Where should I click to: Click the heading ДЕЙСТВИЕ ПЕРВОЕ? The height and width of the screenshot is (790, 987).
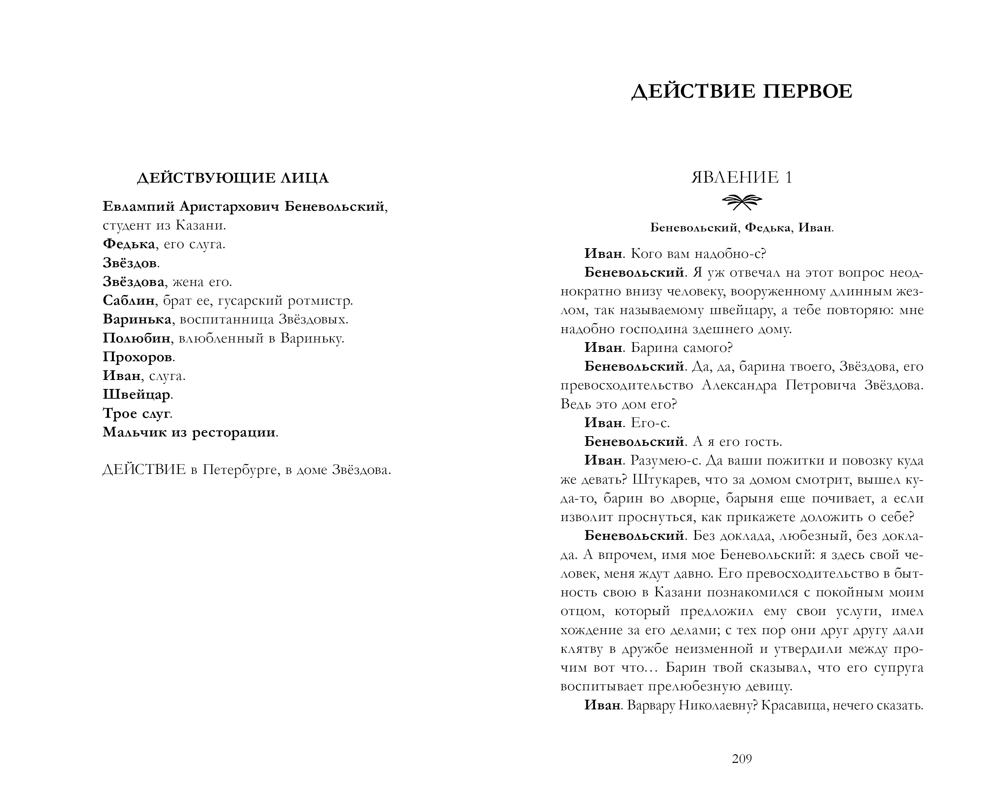[742, 92]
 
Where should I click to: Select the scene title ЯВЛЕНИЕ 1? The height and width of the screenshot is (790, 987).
[742, 177]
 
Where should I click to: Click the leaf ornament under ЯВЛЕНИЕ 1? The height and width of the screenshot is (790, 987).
[742, 201]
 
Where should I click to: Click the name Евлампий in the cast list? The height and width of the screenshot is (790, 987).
[138, 207]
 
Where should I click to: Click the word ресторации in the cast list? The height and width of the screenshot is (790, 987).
[234, 432]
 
